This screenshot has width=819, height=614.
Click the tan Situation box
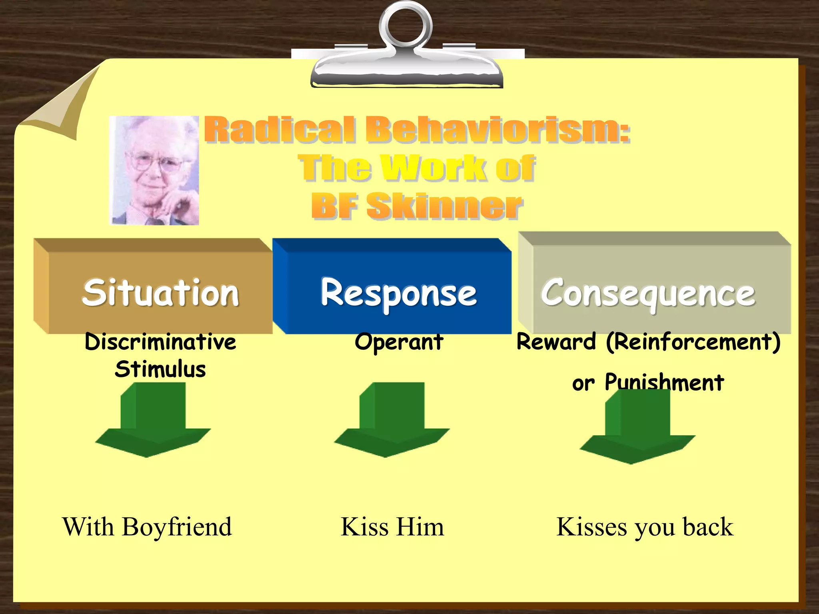pyautogui.click(x=160, y=292)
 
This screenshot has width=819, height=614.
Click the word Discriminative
pyautogui.click(x=160, y=343)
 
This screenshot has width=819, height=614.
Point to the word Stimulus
pyautogui.click(x=160, y=369)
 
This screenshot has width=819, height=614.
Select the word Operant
pyautogui.click(x=399, y=343)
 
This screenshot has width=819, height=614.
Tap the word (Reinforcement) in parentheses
pyautogui.click(x=693, y=342)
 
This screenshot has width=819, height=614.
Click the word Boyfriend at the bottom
pyautogui.click(x=177, y=526)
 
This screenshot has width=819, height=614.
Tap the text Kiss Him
pyautogui.click(x=392, y=526)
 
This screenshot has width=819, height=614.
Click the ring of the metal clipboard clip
pyautogui.click(x=406, y=24)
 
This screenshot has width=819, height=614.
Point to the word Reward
pyautogui.click(x=556, y=342)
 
